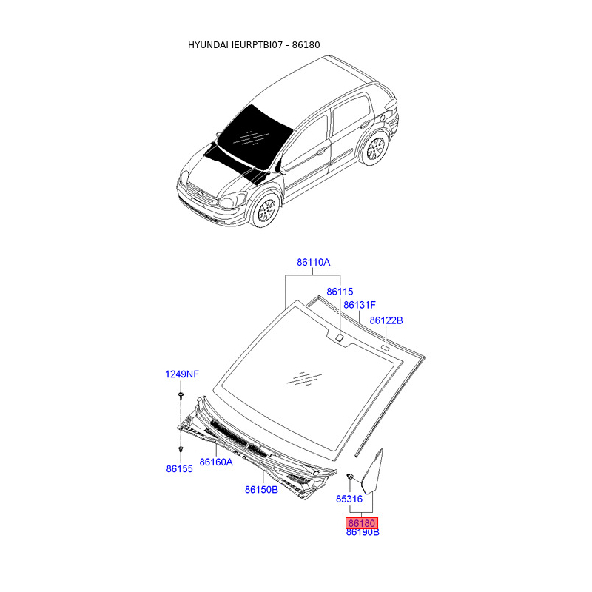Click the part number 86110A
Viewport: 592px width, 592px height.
313,263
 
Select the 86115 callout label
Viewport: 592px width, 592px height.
340,292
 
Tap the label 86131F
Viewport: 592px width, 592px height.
360,305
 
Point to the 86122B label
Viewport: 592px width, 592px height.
386,320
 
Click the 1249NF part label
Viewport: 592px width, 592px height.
181,374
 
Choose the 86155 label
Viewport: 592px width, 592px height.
179,468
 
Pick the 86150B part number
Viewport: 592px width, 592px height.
261,489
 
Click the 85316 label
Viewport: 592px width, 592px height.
349,499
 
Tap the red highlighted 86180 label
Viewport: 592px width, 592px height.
363,522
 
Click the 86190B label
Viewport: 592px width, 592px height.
363,532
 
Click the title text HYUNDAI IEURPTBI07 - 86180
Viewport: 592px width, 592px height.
253,45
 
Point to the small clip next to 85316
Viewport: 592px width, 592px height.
351,474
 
